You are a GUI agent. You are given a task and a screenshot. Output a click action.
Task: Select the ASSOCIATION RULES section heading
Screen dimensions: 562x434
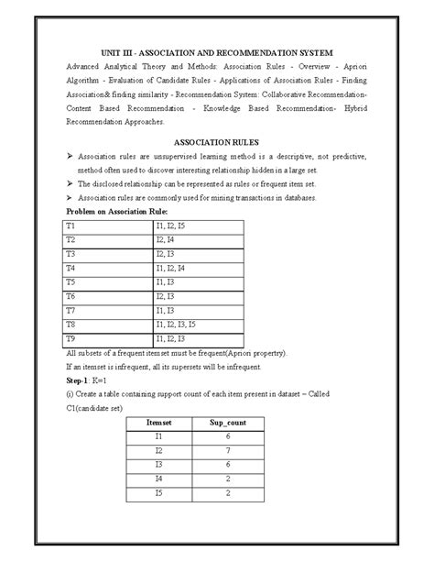tap(217, 143)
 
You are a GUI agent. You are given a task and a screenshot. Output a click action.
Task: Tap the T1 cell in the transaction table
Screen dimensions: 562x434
tap(70, 226)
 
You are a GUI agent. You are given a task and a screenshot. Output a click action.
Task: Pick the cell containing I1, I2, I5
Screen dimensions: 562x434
tap(170, 226)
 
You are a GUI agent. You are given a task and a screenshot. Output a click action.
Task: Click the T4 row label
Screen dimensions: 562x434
tap(70, 268)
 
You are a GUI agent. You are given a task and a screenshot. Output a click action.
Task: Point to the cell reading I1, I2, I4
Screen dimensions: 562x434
tap(170, 268)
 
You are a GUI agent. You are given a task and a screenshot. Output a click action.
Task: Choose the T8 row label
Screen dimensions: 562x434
tap(70, 325)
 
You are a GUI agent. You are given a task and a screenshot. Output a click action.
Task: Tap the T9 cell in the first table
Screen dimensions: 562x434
tap(70, 339)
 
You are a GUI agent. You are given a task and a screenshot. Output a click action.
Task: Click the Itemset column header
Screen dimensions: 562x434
tap(159, 422)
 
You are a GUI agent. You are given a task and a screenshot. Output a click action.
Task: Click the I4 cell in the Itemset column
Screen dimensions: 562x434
tap(159, 479)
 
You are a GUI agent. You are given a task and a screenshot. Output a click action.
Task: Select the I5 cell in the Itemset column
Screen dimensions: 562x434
tap(159, 494)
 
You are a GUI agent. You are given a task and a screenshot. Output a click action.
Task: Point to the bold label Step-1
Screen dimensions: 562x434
tap(80, 379)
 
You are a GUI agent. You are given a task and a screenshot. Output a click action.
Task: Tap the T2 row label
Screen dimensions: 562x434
tap(70, 239)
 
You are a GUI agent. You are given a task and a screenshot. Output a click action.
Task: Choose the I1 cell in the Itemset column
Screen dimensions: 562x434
tap(159, 436)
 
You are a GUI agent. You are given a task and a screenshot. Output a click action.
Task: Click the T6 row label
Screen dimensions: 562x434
tap(70, 296)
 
